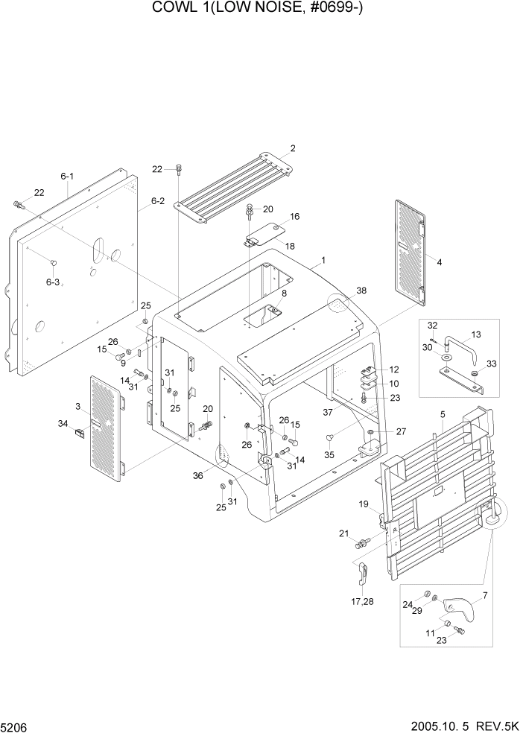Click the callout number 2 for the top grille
pyautogui.click(x=293, y=148)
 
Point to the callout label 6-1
pyautogui.click(x=67, y=177)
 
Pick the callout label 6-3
pyautogui.click(x=53, y=282)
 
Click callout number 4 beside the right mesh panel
pyautogui.click(x=439, y=262)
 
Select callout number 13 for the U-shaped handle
pyautogui.click(x=477, y=334)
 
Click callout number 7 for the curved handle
pyautogui.click(x=485, y=594)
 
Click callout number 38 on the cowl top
pyautogui.click(x=361, y=291)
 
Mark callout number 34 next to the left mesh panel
pyautogui.click(x=63, y=423)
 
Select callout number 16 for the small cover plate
pyautogui.click(x=295, y=216)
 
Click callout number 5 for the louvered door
pyautogui.click(x=442, y=414)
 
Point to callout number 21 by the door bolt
pyautogui.click(x=343, y=533)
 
